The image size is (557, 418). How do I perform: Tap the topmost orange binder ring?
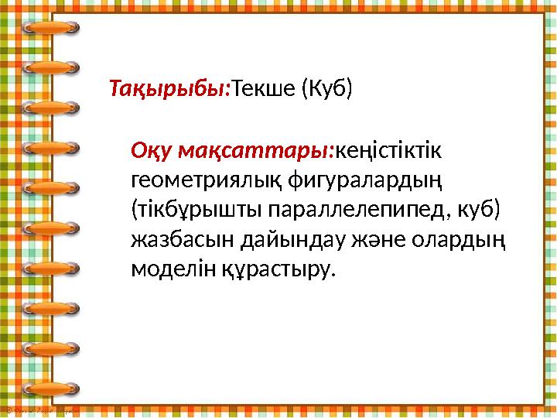(50, 29)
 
